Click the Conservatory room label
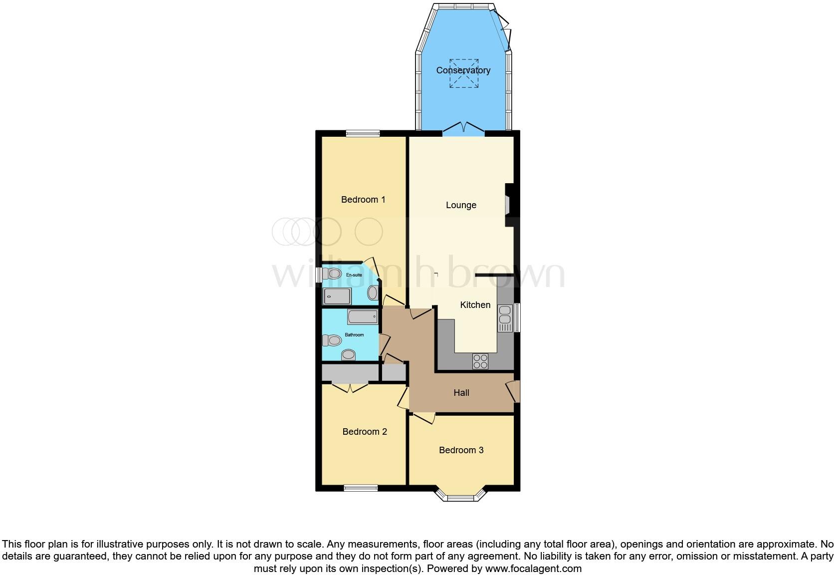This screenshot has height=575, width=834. coord(463,70)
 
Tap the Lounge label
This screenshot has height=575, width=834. coord(461,205)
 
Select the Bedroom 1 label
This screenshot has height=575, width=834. coord(363,200)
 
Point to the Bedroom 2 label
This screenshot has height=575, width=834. coord(365,432)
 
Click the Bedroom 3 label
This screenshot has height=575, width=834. coord(461,450)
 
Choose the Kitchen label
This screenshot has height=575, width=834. coord(475,305)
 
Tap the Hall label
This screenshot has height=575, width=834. coord(461,393)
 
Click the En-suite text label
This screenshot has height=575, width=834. coord(354,275)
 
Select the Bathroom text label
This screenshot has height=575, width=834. coord(354,335)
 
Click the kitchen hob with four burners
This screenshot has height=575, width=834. coord(480,361)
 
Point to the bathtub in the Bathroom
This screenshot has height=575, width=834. coord(362,316)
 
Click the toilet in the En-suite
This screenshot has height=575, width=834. coord(331,274)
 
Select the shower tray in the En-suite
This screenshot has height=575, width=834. coord(337,296)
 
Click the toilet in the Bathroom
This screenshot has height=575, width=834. coord(332,340)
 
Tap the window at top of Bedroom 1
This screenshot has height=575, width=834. coord(363,133)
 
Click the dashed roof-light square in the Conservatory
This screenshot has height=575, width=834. coord(464,73)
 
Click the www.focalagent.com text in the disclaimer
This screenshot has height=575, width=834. coord(533,569)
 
